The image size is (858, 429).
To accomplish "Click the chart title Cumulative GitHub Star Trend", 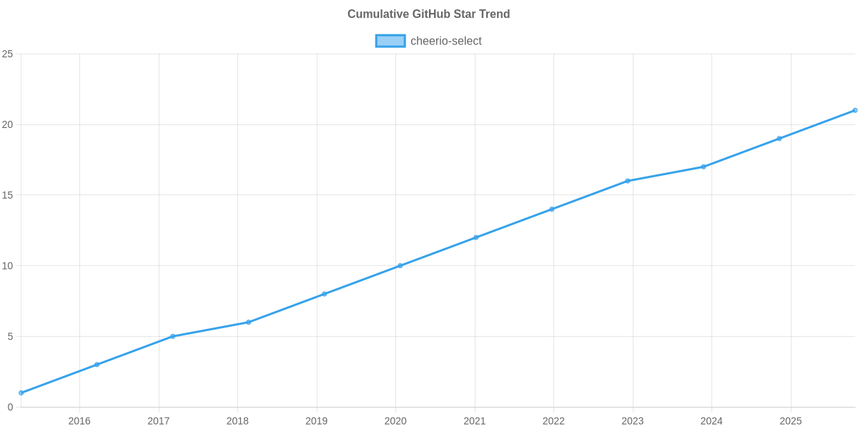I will pyautogui.click(x=428, y=14).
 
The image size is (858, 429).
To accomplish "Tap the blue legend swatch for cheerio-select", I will pyautogui.click(x=390, y=41).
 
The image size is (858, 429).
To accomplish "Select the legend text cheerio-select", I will pyautogui.click(x=446, y=41).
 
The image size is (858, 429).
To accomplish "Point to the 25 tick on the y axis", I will pyautogui.click(x=8, y=54).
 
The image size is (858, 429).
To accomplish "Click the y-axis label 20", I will pyautogui.click(x=8, y=124).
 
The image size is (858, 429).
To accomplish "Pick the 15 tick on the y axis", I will pyautogui.click(x=8, y=195).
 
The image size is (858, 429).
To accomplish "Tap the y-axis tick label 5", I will pyautogui.click(x=10, y=337).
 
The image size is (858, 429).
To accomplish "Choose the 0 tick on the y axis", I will pyautogui.click(x=10, y=408).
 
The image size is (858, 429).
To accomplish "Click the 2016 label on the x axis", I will pyautogui.click(x=79, y=421).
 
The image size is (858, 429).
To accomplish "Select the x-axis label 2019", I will pyautogui.click(x=316, y=421).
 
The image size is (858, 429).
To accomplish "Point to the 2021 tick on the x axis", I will pyautogui.click(x=474, y=421).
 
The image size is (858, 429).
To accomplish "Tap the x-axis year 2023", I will pyautogui.click(x=632, y=421).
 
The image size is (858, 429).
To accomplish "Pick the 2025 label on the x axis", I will pyautogui.click(x=790, y=421).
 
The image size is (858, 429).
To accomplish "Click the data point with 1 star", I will pyautogui.click(x=21, y=393).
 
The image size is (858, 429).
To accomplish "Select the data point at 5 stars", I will pyautogui.click(x=173, y=336).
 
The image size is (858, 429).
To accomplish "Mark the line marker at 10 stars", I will pyautogui.click(x=400, y=265).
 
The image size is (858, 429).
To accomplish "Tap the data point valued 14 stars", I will pyautogui.click(x=552, y=209).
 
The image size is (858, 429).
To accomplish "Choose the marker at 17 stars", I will pyautogui.click(x=704, y=167).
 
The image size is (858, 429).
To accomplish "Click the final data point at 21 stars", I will pyautogui.click(x=854, y=110).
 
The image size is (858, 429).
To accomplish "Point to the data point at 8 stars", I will pyautogui.click(x=324, y=294).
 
